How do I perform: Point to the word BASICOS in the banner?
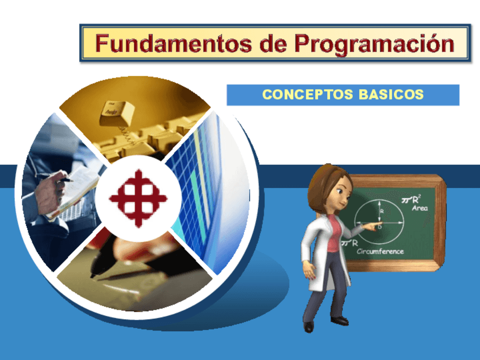pyautogui.click(x=391, y=95)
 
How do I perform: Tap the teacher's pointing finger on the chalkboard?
pyautogui.click(x=371, y=226)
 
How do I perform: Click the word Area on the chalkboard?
pyautogui.click(x=419, y=208)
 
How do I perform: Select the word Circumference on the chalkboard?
pyautogui.click(x=380, y=251)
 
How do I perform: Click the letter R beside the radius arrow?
pyautogui.click(x=382, y=211)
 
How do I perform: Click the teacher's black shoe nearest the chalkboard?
pyautogui.click(x=339, y=321)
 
